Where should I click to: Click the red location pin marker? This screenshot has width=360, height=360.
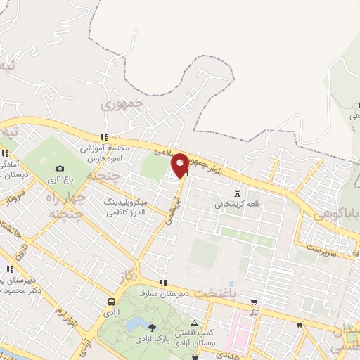pos(180,165)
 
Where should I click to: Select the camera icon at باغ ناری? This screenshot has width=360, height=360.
pos(60,169)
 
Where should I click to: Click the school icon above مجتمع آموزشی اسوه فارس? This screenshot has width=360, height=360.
pos(104,137)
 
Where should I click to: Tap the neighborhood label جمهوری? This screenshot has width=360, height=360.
pos(122,105)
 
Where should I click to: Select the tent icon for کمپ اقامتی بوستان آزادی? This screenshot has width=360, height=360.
pos(195,322)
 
